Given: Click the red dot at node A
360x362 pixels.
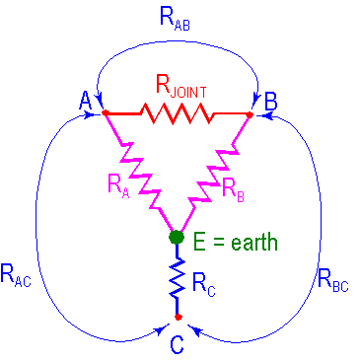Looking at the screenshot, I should [x=105, y=113].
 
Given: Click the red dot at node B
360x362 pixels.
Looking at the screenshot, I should [x=250, y=114].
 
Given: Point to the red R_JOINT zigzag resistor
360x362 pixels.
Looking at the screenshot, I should [x=178, y=113].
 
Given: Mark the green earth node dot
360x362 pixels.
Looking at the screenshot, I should [x=177, y=237].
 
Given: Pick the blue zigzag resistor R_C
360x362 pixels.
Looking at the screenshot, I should [x=177, y=279].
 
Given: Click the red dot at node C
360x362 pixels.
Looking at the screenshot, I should [x=177, y=318].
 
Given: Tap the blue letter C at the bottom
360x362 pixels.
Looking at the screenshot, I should [x=177, y=343].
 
